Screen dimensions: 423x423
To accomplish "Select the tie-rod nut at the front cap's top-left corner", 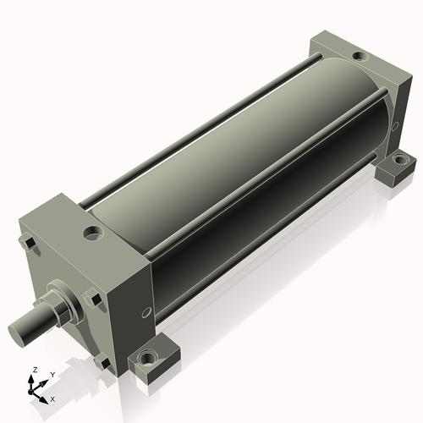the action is click(27, 243).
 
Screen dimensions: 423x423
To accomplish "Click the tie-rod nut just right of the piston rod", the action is click(92, 298).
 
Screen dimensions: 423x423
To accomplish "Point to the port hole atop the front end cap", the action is click(93, 233).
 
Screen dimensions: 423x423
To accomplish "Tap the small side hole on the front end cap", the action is click(146, 312).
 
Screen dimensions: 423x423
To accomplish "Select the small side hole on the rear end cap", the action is click(395, 126).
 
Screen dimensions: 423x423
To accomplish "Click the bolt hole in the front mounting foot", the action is click(147, 359).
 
